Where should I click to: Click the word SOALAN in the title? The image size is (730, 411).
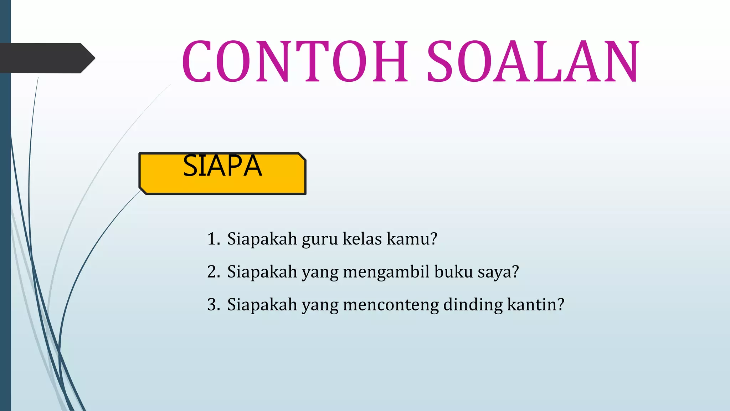point(533,61)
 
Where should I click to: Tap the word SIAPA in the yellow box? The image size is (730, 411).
point(222,166)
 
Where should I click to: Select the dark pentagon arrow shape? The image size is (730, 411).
point(46,58)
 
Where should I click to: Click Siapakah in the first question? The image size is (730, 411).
point(262,239)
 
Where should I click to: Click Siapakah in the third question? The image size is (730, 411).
point(262,305)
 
